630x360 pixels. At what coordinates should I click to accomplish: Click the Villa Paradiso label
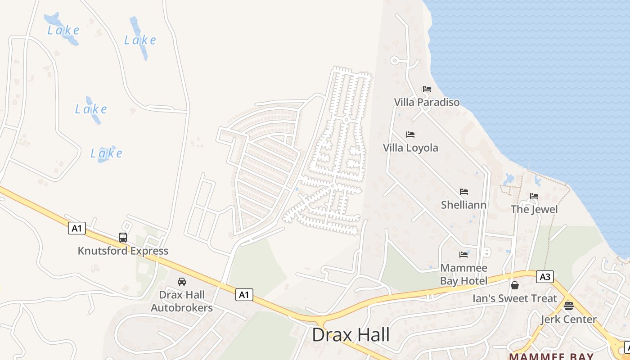[427, 102]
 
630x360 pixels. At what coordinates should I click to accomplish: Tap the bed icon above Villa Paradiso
[427, 89]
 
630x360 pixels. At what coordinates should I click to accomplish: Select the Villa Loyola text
[410, 148]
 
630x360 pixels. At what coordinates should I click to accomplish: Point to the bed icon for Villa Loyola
[410, 135]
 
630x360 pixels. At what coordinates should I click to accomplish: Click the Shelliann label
[463, 205]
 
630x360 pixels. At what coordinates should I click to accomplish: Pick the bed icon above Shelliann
[463, 192]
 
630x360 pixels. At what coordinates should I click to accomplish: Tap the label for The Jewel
[534, 209]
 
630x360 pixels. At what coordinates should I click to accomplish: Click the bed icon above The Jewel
[534, 196]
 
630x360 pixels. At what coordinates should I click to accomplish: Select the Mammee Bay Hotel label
[463, 274]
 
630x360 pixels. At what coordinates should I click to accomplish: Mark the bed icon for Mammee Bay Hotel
[463, 255]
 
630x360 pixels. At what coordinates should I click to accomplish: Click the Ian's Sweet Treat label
[514, 298]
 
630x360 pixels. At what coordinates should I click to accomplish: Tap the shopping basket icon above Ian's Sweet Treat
[514, 285]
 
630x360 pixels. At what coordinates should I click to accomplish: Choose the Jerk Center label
[568, 319]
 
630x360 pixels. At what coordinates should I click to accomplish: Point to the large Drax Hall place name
[351, 335]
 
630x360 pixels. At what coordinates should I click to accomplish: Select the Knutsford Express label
[123, 251]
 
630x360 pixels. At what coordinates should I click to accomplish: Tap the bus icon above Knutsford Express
[123, 237]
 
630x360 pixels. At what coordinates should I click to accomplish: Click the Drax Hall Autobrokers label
[181, 301]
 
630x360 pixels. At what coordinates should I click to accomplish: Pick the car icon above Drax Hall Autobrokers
[181, 282]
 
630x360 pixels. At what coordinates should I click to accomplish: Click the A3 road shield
[544, 277]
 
